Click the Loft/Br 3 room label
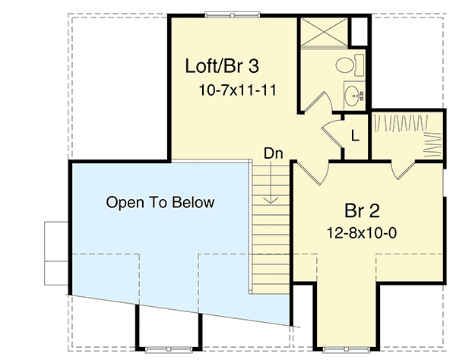tap(222, 66)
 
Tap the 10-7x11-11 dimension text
tap(237, 90)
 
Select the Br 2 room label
tap(362, 210)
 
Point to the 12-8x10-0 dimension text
tap(362, 233)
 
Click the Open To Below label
tap(160, 202)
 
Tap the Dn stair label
tap(274, 153)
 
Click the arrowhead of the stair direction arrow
tap(271, 201)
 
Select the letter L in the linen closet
tap(355, 136)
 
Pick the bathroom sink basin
tap(353, 95)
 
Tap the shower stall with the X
tap(324, 32)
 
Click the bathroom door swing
tap(318, 102)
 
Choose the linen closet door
tap(332, 134)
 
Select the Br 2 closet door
tap(403, 169)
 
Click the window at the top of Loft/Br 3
tap(232, 14)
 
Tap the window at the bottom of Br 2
tap(347, 349)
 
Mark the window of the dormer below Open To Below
tap(169, 349)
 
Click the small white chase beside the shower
tap(359, 32)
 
